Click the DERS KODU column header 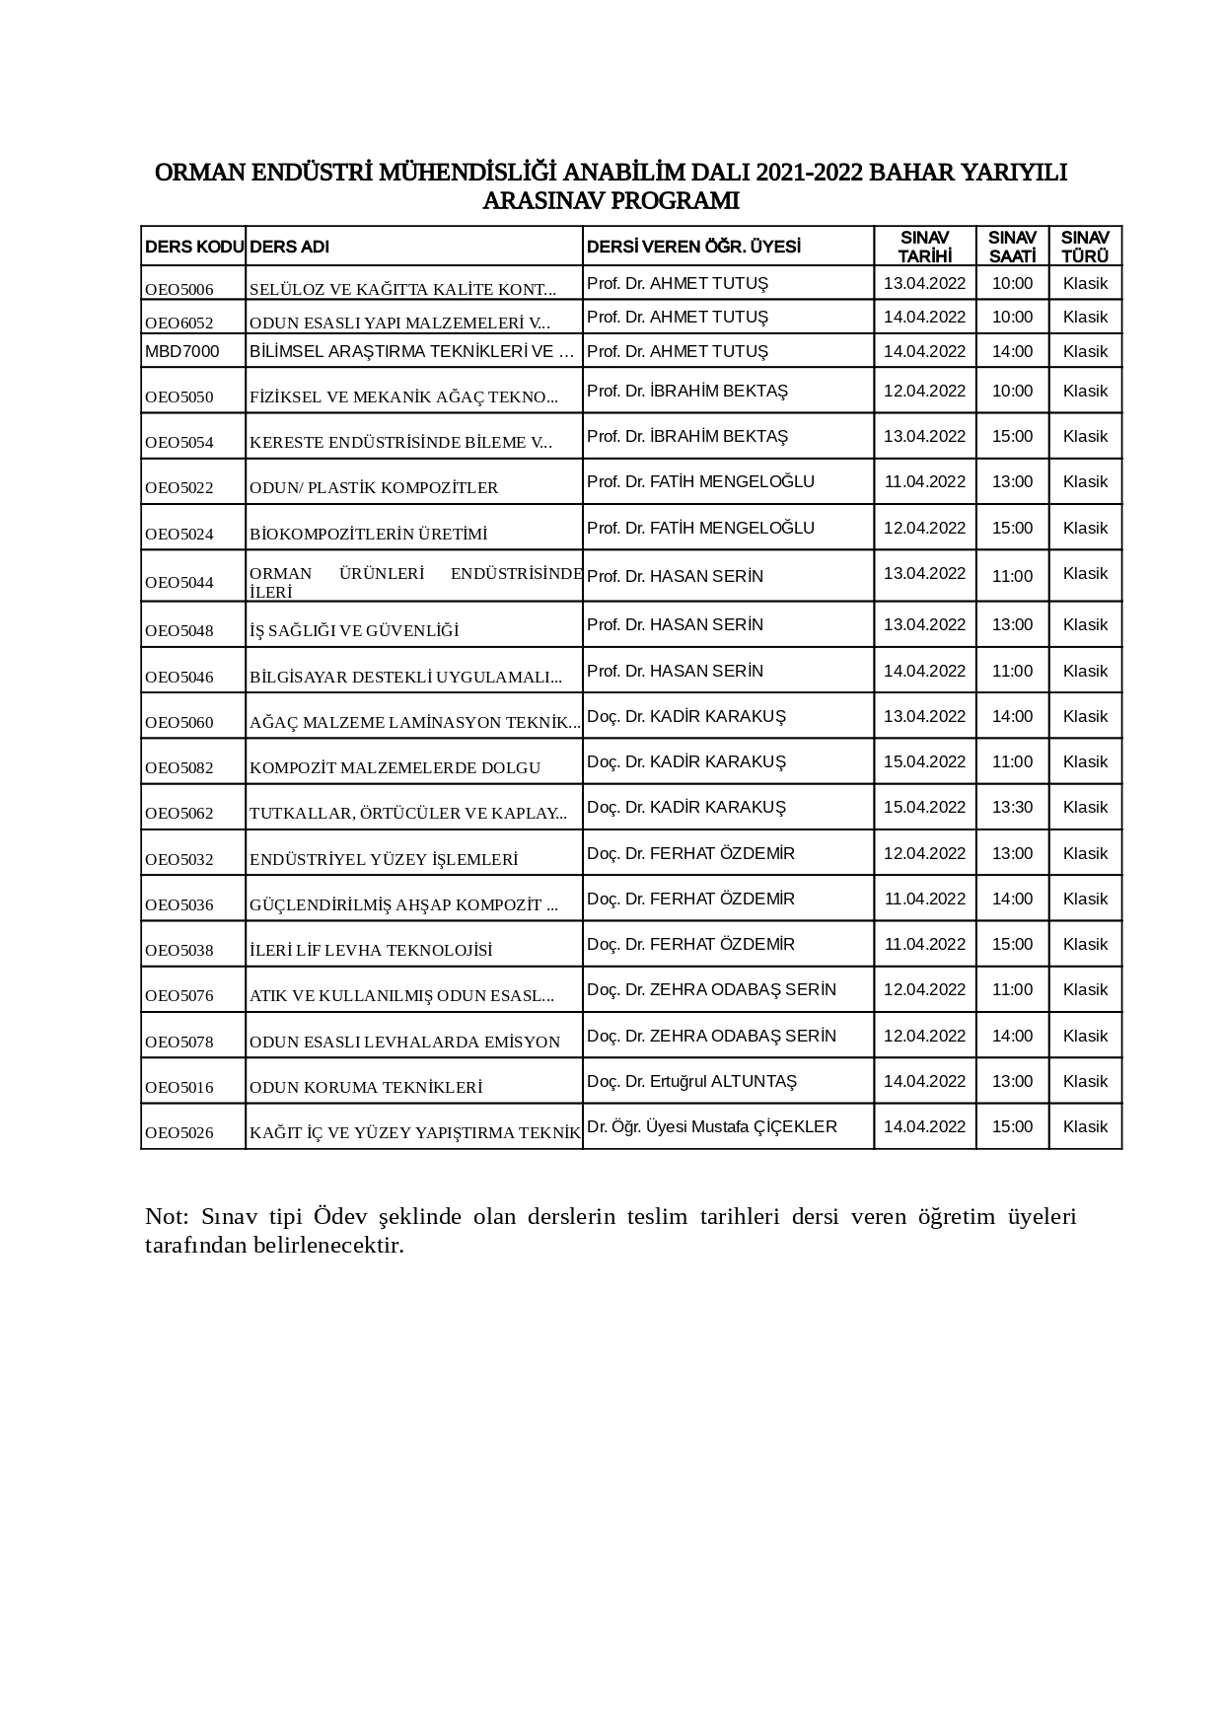tap(193, 247)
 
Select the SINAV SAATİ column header tap(1012, 247)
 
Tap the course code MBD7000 tap(182, 351)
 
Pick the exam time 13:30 tap(1012, 807)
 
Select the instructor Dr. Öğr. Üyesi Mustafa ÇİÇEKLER tap(712, 1126)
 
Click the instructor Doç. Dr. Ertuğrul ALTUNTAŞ tap(691, 1081)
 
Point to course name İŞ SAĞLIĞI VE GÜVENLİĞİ tap(354, 631)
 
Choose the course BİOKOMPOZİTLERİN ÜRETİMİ tap(369, 535)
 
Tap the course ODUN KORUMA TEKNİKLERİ tap(366, 1088)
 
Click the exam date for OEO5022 tap(924, 481)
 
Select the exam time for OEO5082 tap(1012, 761)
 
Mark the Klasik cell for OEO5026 tap(1085, 1126)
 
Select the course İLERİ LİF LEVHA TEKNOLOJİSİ tap(371, 951)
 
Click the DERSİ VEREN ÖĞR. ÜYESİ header tap(693, 247)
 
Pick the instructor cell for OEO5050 tap(687, 391)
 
